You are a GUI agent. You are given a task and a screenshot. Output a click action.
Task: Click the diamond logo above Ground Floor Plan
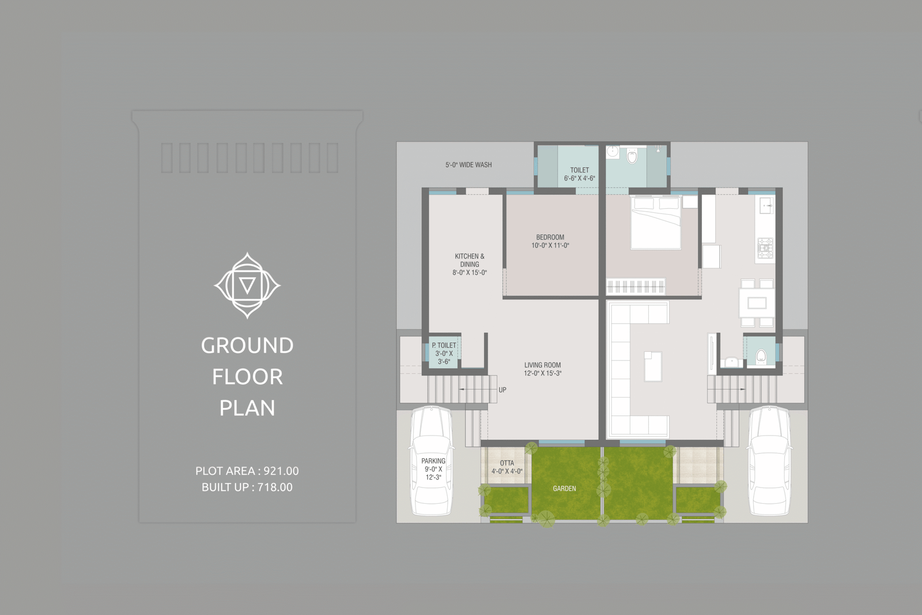[247, 285]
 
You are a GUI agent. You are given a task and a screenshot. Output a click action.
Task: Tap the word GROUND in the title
[247, 346]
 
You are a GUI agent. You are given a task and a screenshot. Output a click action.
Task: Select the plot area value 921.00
[281, 471]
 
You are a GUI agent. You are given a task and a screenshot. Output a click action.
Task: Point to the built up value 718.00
[275, 487]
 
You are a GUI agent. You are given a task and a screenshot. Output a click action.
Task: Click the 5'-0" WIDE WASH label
[468, 165]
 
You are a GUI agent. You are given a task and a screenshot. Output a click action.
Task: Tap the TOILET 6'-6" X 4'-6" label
[580, 174]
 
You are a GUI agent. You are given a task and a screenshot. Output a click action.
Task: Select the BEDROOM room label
[550, 241]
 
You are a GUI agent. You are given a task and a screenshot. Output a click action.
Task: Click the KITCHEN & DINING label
[470, 264]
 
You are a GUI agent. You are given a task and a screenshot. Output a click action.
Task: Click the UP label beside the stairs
[502, 390]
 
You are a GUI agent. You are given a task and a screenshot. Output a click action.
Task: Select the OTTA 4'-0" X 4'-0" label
[507, 467]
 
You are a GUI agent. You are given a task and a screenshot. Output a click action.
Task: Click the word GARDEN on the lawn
[564, 489]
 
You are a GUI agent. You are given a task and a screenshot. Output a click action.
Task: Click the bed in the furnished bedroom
[656, 223]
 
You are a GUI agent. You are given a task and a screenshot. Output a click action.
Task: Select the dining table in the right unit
[757, 303]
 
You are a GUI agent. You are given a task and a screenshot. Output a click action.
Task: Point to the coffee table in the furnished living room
[653, 366]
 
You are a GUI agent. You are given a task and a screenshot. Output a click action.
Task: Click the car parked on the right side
[769, 461]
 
